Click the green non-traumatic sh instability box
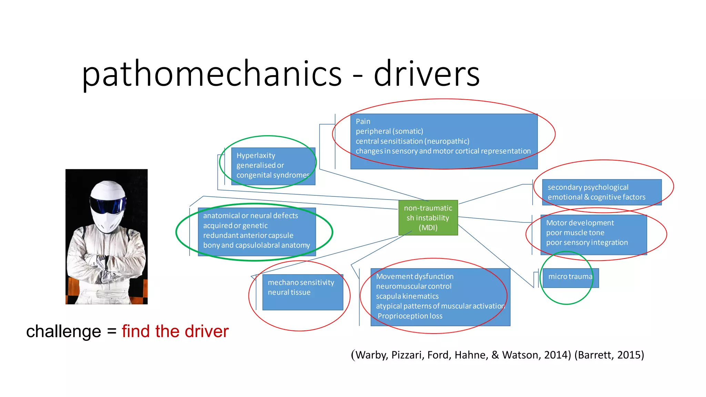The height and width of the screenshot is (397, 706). pyautogui.click(x=428, y=218)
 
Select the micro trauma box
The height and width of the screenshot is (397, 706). pyautogui.click(x=570, y=278)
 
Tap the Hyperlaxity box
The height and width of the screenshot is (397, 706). pyautogui.click(x=273, y=166)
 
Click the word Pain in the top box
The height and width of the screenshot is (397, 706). pyautogui.click(x=363, y=122)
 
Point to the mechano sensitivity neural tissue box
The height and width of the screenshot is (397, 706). pyautogui.click(x=302, y=292)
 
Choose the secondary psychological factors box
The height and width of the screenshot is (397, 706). pyautogui.click(x=602, y=192)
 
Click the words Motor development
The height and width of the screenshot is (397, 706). pyautogui.click(x=580, y=223)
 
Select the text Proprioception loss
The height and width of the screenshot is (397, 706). pyautogui.click(x=410, y=316)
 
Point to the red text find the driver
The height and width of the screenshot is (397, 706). pyautogui.click(x=175, y=332)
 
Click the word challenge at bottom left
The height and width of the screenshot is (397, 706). pyautogui.click(x=63, y=332)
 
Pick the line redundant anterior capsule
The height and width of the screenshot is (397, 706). pyautogui.click(x=248, y=235)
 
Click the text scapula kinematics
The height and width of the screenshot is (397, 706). pyautogui.click(x=407, y=296)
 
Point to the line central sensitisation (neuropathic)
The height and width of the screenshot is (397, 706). pyautogui.click(x=412, y=141)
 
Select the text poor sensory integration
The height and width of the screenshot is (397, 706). pyautogui.click(x=587, y=243)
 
